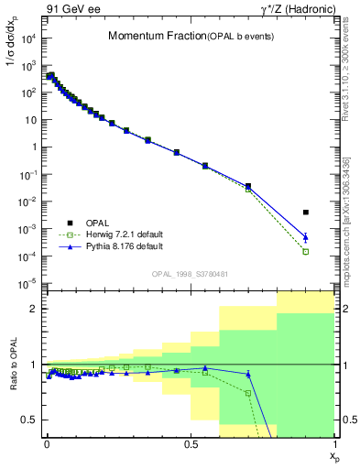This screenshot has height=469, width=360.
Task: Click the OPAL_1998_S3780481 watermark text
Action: click(x=190, y=274)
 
